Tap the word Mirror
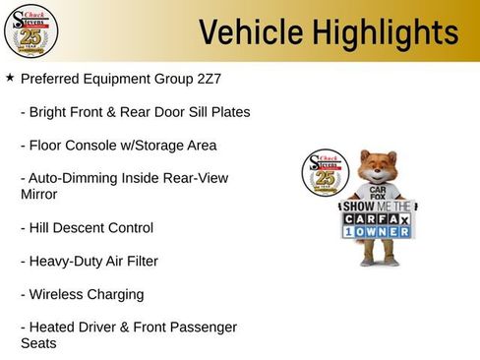pyautogui.click(x=39, y=195)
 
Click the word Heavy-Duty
pyautogui.click(x=69, y=262)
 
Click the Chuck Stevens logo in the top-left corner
pyautogui.click(x=30, y=30)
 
